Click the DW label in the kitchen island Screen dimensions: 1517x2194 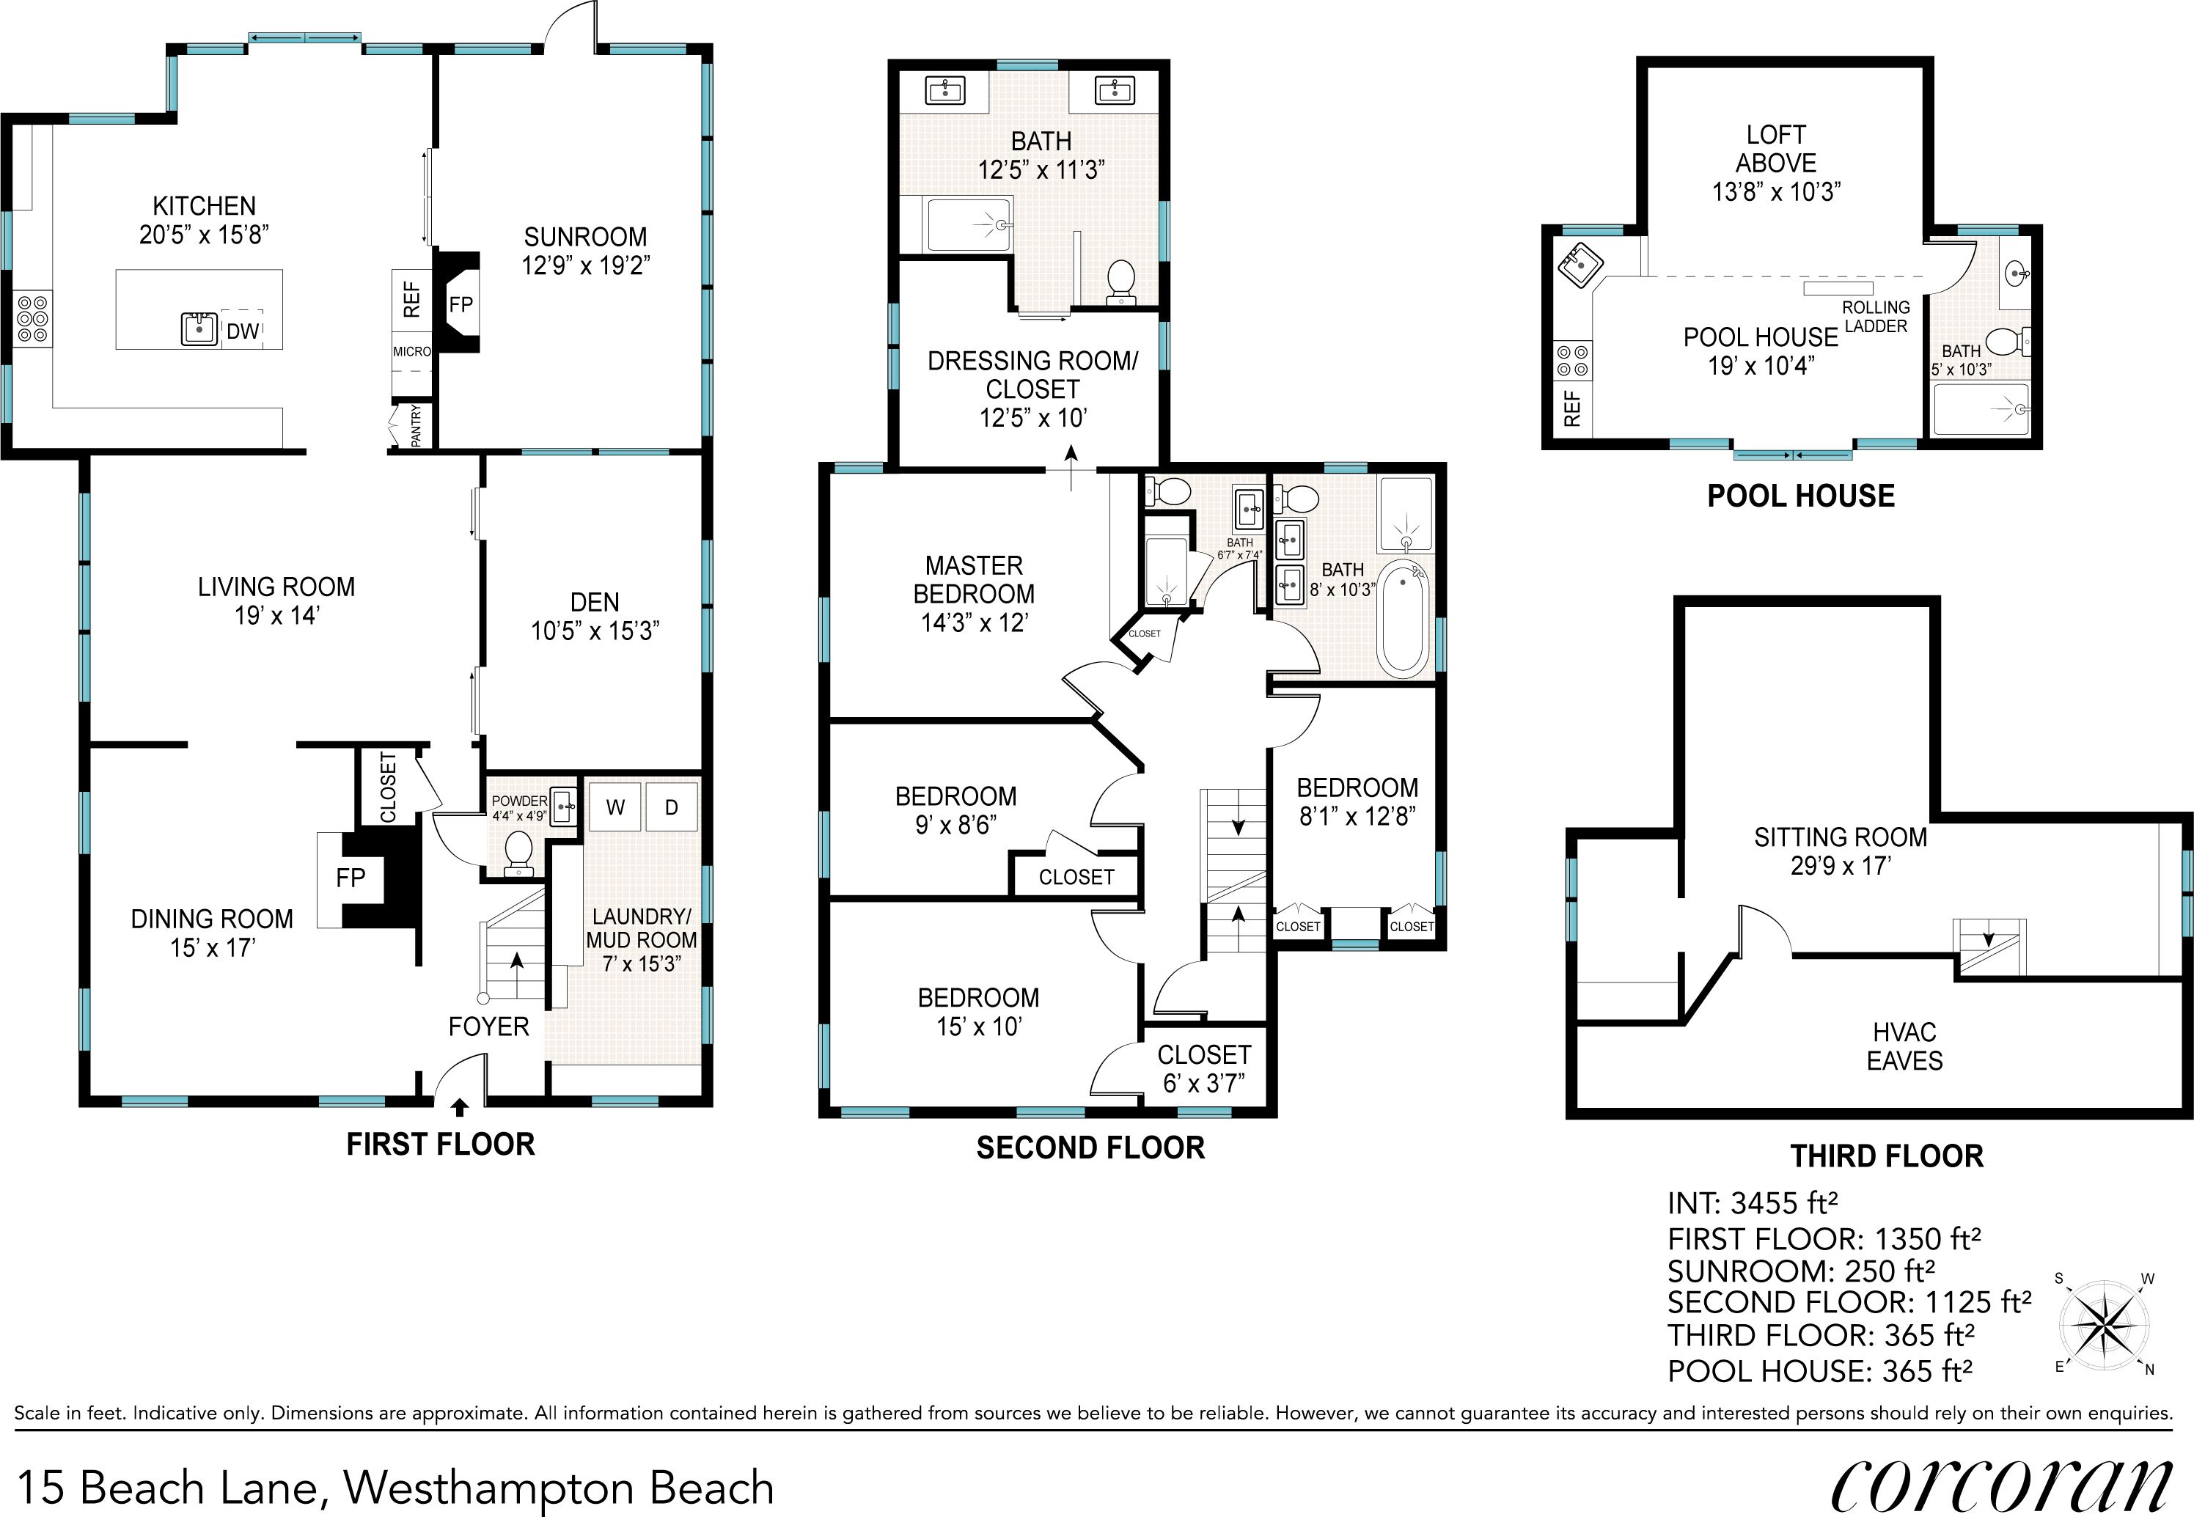pos(243,331)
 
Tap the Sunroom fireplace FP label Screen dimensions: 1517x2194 pos(461,305)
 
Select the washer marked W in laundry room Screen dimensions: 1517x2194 pos(615,808)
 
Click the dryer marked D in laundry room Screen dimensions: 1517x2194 pos(671,808)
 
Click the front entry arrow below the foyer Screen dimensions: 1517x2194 pos(459,1106)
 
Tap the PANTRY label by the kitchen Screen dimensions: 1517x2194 pos(416,426)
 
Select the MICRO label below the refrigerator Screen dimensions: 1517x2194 pos(411,352)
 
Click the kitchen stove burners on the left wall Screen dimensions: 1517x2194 pos(32,320)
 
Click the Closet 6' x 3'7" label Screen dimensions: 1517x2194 pos(1203,1068)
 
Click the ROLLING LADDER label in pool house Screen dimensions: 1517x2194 pos(1874,317)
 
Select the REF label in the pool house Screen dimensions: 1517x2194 pos(1571,408)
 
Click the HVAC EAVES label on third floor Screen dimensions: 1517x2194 pos(1904,1046)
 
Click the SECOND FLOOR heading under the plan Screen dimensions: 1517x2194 pos(1090,1147)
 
